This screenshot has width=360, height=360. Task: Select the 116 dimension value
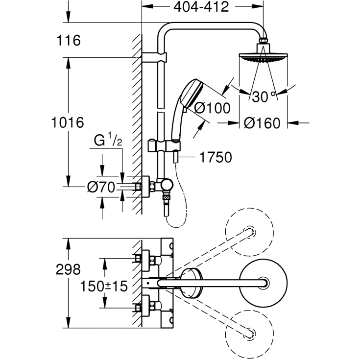[x=68, y=40]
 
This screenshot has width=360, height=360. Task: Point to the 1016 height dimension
[x=68, y=122]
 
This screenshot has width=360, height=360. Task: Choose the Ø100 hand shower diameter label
[x=212, y=108]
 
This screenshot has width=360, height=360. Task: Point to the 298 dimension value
[x=68, y=269]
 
